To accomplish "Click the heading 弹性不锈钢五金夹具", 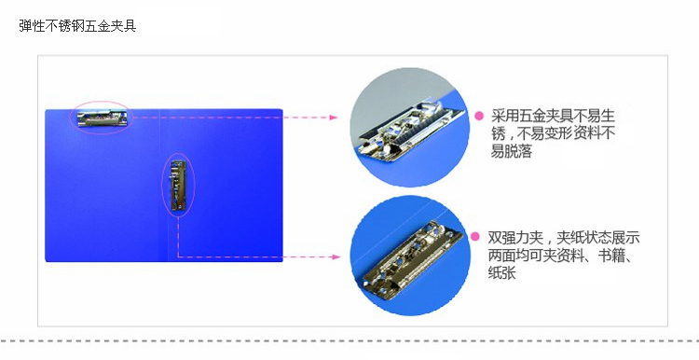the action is [77, 26].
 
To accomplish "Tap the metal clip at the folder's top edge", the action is [103, 118].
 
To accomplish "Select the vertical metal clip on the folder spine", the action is [178, 186].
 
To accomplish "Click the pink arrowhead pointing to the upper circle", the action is [334, 118].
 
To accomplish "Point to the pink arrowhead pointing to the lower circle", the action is [336, 257].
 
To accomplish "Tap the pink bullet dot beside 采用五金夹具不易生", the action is [479, 116].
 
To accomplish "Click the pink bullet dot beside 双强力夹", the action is [475, 237].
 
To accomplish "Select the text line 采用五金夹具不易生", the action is [553, 116].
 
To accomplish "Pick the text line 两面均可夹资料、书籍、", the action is [560, 255].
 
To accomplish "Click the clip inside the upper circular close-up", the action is [410, 131].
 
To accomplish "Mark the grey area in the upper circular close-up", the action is [392, 96].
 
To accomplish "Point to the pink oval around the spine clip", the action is [162, 186].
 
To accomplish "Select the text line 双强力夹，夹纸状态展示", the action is [564, 237].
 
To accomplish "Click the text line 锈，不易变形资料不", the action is [553, 133].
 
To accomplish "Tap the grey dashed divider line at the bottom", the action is [349, 341].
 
